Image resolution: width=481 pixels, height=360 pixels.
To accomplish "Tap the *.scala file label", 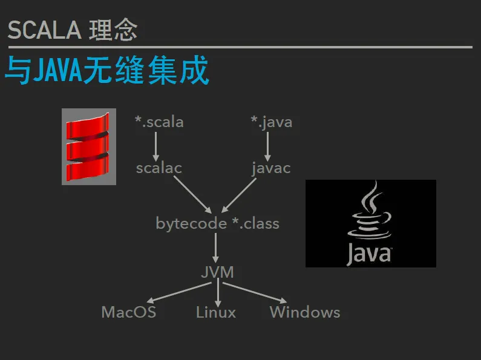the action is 159,122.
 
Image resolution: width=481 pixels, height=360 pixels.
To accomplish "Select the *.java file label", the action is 272,122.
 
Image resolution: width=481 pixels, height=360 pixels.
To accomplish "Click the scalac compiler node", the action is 159,168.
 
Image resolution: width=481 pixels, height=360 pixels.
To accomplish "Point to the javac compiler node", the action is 271,168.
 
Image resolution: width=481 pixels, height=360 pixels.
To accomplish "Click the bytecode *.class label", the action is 217,223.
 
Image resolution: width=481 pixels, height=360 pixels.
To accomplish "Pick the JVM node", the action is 217,272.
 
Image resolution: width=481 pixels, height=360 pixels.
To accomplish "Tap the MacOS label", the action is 129,312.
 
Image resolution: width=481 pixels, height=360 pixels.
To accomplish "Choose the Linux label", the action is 216,312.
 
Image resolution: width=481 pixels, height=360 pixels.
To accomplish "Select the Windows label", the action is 305,312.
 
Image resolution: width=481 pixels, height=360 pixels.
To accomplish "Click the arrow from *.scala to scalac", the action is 156,146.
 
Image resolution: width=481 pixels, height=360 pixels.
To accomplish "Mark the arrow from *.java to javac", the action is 267,146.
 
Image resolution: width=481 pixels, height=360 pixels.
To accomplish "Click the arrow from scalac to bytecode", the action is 192,194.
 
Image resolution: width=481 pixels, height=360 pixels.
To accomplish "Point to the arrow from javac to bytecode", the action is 238,195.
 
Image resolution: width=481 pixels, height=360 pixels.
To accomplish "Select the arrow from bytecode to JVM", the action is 215,248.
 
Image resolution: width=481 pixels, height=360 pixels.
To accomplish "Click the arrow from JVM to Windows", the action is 255,293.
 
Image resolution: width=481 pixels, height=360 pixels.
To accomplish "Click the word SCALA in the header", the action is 45,30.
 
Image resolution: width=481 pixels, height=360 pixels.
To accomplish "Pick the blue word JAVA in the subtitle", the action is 57,70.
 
